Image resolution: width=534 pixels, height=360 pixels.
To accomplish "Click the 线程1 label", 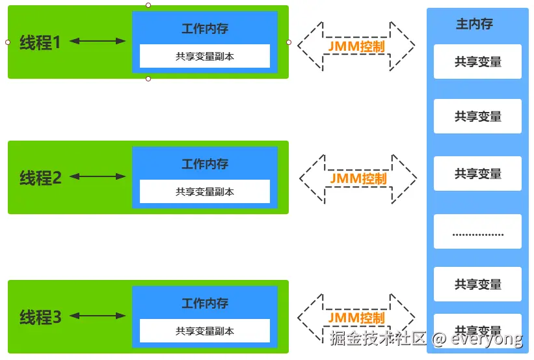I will point(40,42).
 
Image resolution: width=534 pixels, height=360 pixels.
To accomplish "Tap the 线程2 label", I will point(40,177).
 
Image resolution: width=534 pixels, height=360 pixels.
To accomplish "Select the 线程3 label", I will point(40,317).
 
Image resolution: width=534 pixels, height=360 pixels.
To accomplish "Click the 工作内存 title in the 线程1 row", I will point(205,29).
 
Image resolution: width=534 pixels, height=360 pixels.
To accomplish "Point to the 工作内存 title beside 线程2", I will point(205,164).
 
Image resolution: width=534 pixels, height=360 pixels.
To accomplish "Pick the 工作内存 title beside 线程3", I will point(205,303).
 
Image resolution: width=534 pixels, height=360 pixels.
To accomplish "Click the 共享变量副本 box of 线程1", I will point(205,57).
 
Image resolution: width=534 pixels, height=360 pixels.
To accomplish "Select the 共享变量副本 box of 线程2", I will point(205,192).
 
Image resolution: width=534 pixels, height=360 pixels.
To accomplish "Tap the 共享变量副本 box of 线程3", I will point(205,331).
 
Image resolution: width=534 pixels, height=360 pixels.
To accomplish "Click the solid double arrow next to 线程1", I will point(98,42).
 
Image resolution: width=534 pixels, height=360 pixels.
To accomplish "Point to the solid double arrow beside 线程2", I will point(98,176).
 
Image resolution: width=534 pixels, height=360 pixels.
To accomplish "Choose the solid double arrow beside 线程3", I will point(98,316).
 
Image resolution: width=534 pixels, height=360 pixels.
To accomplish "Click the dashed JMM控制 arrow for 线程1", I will point(356,47).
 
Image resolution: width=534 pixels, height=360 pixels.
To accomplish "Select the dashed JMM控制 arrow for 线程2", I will point(358,178).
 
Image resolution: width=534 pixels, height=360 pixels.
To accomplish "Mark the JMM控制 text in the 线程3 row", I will point(356,318).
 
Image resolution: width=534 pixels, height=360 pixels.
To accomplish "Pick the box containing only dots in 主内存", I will point(478,232).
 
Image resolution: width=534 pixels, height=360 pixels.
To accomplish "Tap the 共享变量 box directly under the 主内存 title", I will point(478,62).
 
